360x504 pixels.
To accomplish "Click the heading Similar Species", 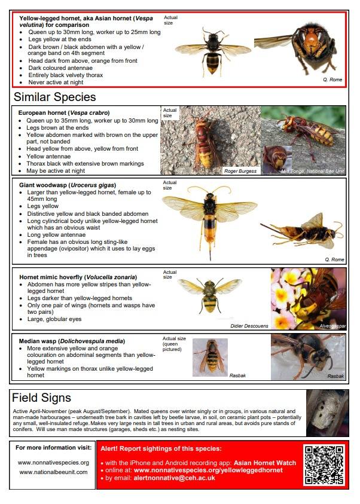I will point(54,97).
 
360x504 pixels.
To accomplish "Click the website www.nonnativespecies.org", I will point(53,462).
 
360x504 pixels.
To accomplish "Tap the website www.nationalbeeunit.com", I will point(53,472).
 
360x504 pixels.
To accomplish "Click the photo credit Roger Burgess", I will point(240,171).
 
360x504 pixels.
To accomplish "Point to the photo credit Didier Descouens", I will point(249,326).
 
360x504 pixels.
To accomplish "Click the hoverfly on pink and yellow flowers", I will point(308,298).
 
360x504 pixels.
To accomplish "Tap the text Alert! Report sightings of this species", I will point(160,448).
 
